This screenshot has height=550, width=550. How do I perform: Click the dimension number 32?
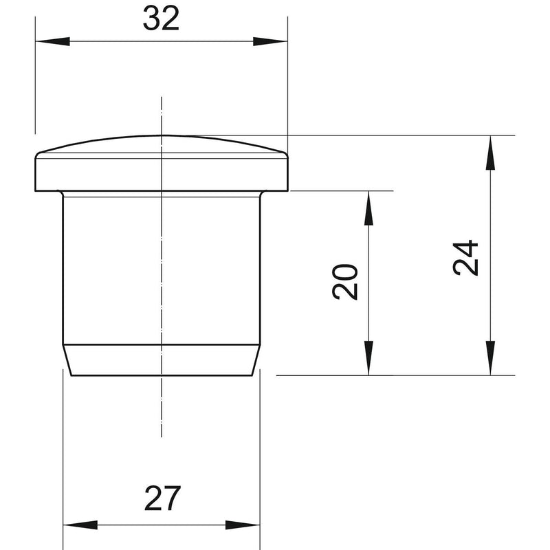(161, 19)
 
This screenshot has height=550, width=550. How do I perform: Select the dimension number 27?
(162, 498)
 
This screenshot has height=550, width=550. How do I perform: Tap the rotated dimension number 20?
(345, 282)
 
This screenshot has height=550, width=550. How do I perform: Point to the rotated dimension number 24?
(465, 258)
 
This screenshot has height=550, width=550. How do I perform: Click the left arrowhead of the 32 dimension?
(53, 41)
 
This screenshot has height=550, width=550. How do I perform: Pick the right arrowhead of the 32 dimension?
(270, 41)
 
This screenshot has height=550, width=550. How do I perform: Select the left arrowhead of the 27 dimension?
(80, 525)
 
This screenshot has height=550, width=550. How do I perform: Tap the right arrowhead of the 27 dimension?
(243, 525)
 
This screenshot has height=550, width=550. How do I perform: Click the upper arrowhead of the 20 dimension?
(368, 208)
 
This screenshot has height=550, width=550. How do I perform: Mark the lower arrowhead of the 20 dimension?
(368, 358)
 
